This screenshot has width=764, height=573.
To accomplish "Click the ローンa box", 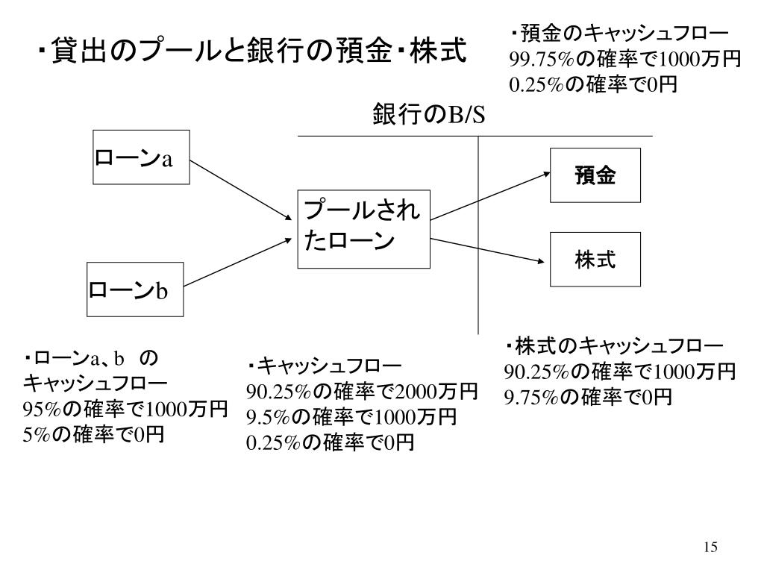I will [x=141, y=157].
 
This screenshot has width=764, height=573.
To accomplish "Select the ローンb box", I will [x=134, y=289].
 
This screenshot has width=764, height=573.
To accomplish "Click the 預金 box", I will [x=595, y=176].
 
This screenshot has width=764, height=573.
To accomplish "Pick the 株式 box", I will [x=595, y=260].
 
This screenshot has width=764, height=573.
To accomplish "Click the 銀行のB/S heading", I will [x=428, y=116].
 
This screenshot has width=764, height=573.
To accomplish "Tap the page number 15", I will [x=710, y=548].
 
